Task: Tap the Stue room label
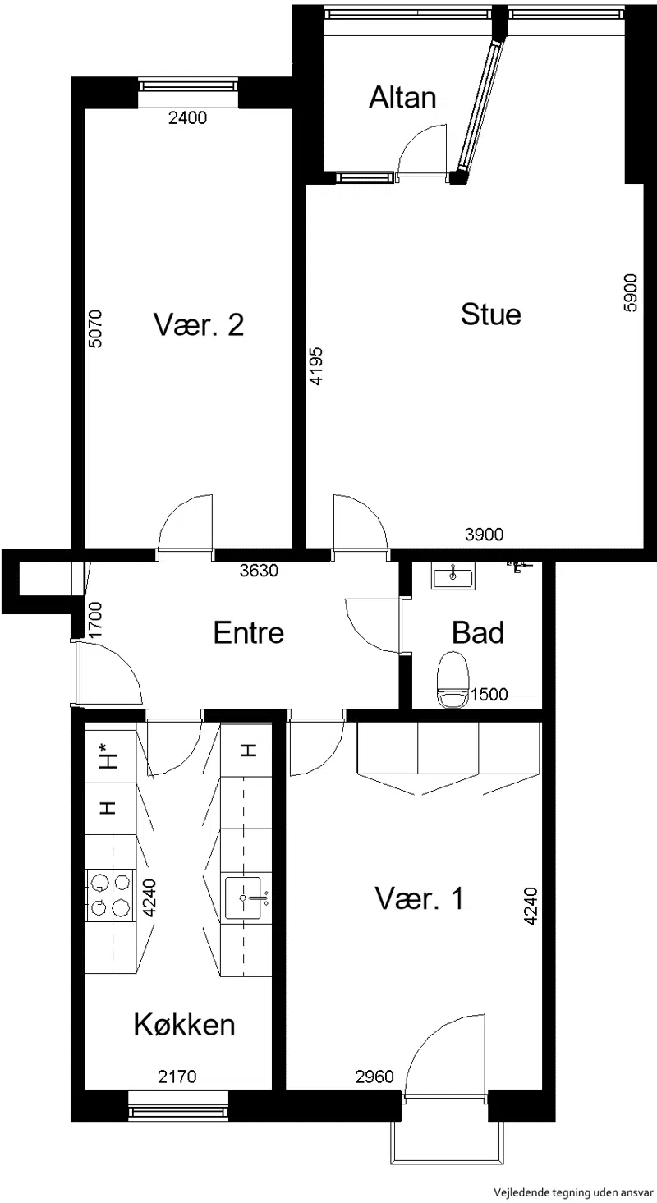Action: [490, 315]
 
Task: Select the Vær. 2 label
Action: [199, 324]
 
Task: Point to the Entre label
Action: [249, 632]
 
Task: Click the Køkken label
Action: [184, 1024]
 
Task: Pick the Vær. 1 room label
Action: [419, 898]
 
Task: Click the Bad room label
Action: [478, 632]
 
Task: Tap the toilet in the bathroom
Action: [453, 679]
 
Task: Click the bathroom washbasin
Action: [453, 576]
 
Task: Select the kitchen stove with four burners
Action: [110, 895]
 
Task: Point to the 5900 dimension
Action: [631, 292]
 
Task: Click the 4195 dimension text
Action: [316, 366]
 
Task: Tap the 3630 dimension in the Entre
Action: [259, 571]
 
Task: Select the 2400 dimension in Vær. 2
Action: [187, 117]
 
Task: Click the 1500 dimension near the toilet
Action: [489, 695]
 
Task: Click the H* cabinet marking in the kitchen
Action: [109, 755]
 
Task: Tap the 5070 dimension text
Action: [94, 328]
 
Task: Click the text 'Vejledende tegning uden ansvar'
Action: [574, 1193]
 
